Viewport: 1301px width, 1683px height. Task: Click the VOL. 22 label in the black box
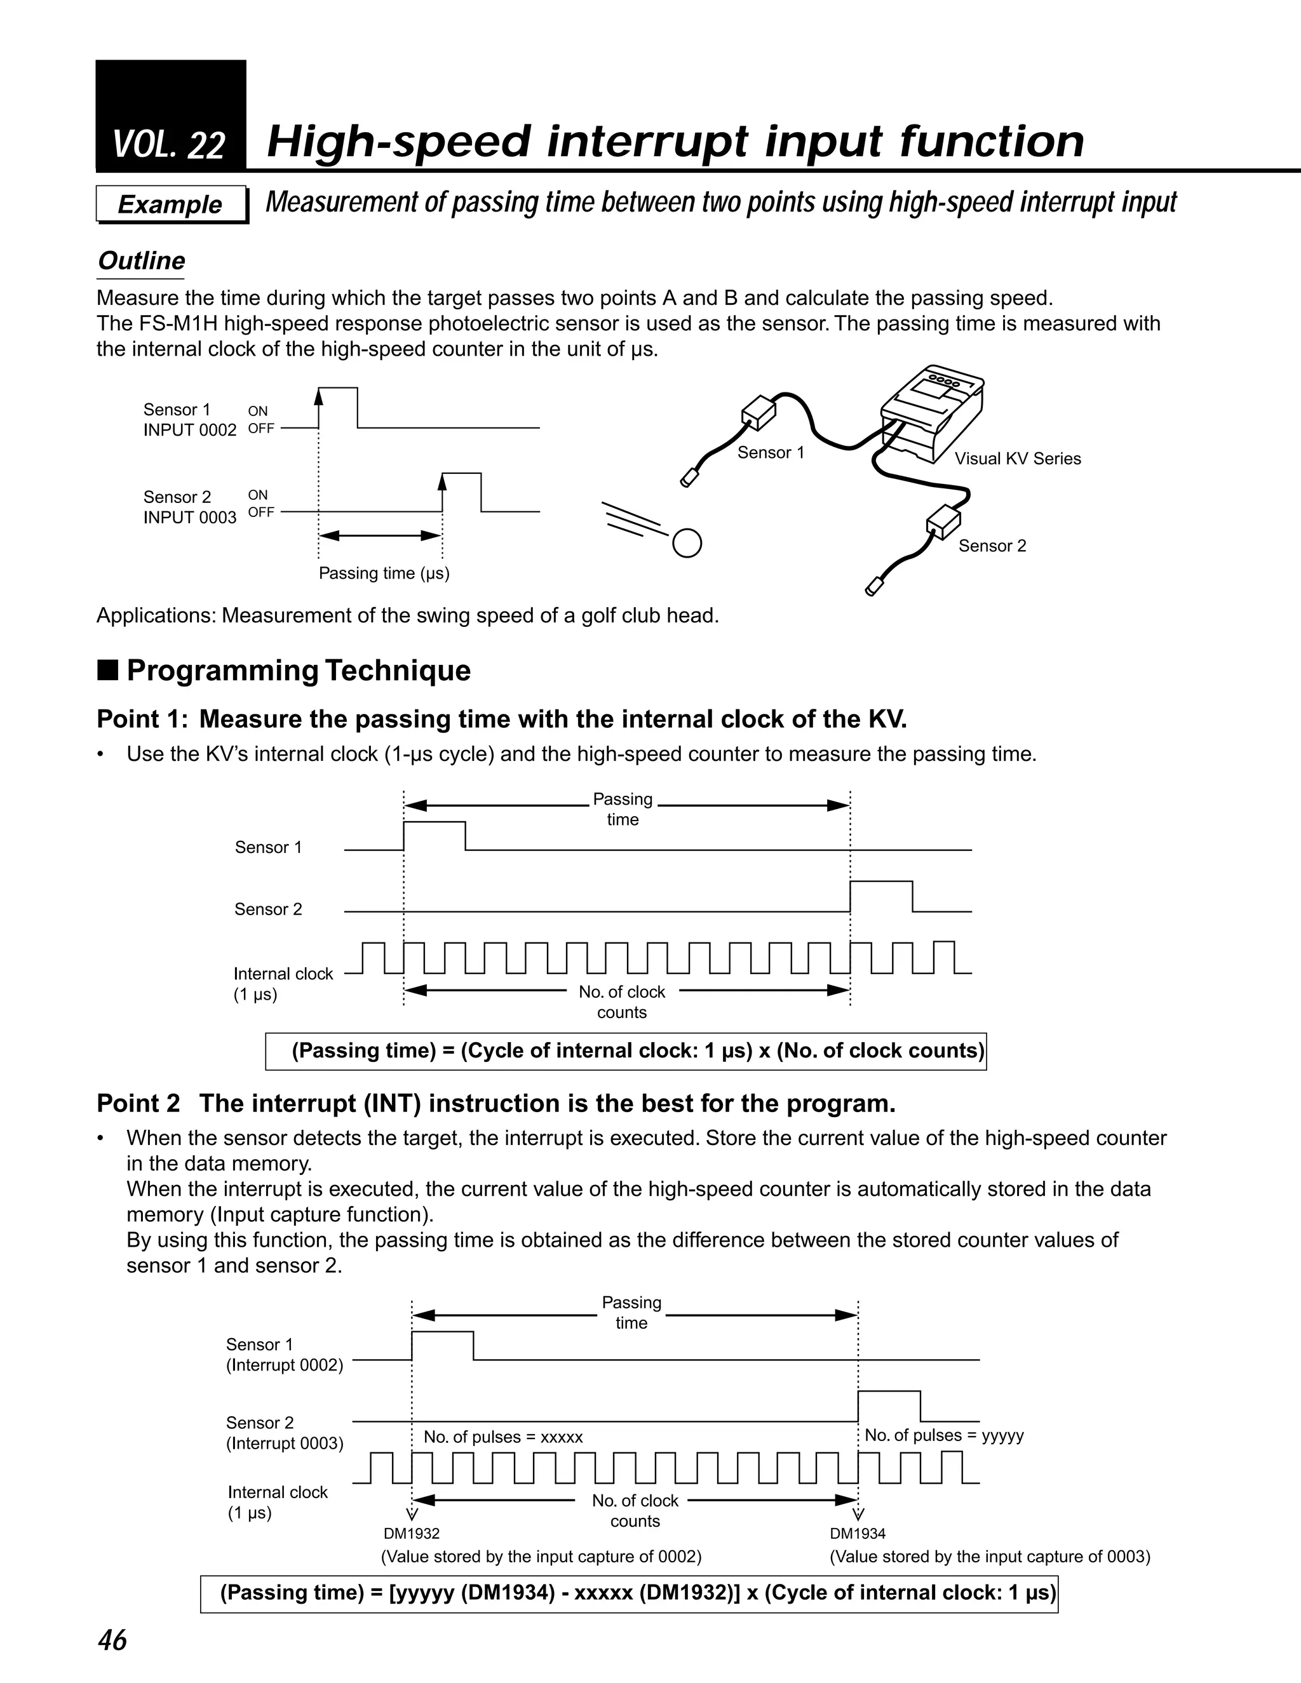169,145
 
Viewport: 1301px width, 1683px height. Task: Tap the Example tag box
170,205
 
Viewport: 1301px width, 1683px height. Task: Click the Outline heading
141,261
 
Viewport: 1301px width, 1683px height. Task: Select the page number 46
112,1640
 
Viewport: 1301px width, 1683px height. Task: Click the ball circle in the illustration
687,543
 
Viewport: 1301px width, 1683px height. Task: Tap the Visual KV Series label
1018,459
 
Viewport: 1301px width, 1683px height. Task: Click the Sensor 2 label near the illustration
992,546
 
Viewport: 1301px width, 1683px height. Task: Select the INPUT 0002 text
189,430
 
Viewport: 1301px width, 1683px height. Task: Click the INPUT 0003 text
189,517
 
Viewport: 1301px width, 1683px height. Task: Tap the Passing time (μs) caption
384,573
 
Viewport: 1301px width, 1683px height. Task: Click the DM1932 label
412,1534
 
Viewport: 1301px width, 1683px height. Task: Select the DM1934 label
858,1534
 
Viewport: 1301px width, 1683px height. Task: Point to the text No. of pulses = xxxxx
503,1437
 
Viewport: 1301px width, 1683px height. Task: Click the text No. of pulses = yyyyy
943,1435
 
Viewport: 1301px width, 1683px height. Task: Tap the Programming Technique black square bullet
108,671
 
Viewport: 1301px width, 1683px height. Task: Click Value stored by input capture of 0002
541,1557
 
